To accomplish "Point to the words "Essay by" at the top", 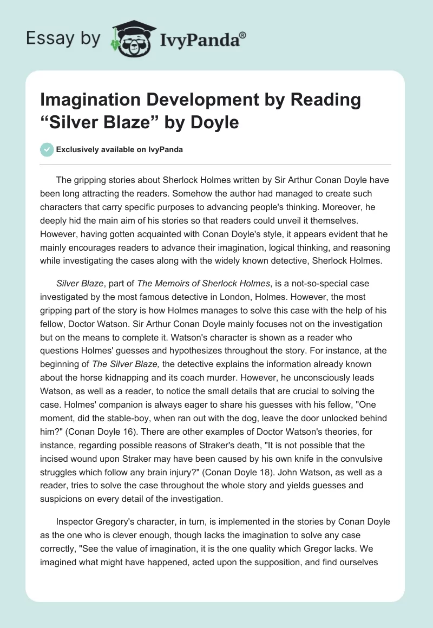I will pos(63,38).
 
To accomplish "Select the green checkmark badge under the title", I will pos(47,149).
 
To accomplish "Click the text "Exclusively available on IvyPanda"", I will pos(120,149).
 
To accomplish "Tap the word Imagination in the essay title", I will pos(94,100).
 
